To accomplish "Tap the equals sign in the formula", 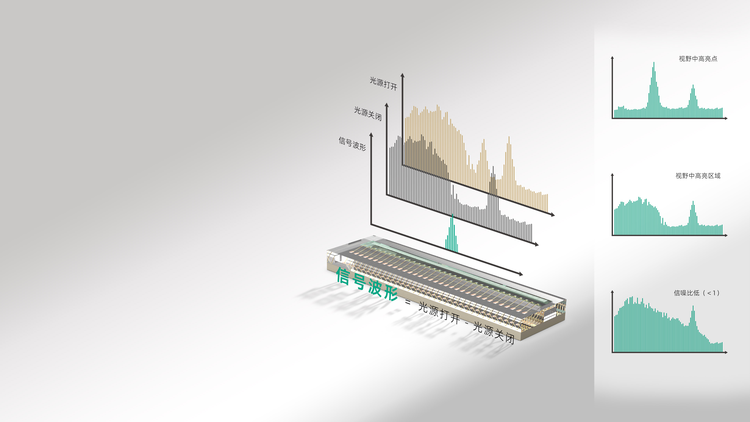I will tap(408, 302).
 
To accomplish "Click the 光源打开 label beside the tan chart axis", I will tap(383, 84).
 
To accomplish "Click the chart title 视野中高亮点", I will tap(698, 59).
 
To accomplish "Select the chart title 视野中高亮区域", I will tap(698, 176).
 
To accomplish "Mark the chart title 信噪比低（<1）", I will tap(696, 293).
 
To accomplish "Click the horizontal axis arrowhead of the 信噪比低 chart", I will tap(726, 352).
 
